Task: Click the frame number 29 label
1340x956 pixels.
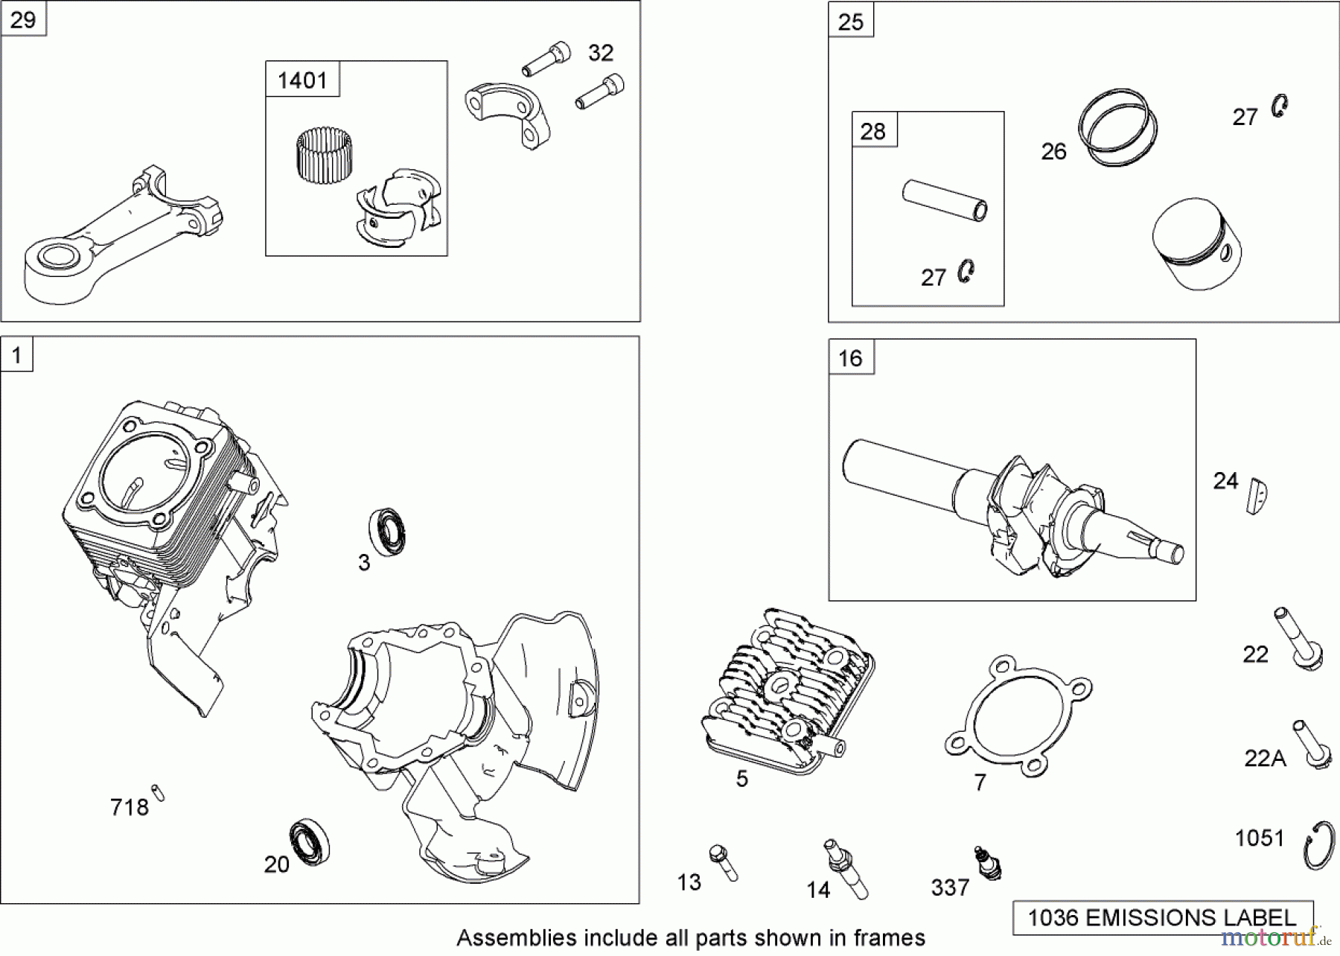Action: pos(23,19)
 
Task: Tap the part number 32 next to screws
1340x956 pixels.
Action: pos(601,53)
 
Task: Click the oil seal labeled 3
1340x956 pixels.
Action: pos(387,532)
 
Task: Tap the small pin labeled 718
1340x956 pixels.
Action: pos(158,794)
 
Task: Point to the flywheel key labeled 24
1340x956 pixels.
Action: pos(1257,495)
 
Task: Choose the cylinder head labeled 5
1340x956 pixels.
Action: pos(785,692)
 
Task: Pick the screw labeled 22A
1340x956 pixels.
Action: pos(1311,745)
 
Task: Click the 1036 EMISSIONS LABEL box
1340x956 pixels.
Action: pos(1162,917)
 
